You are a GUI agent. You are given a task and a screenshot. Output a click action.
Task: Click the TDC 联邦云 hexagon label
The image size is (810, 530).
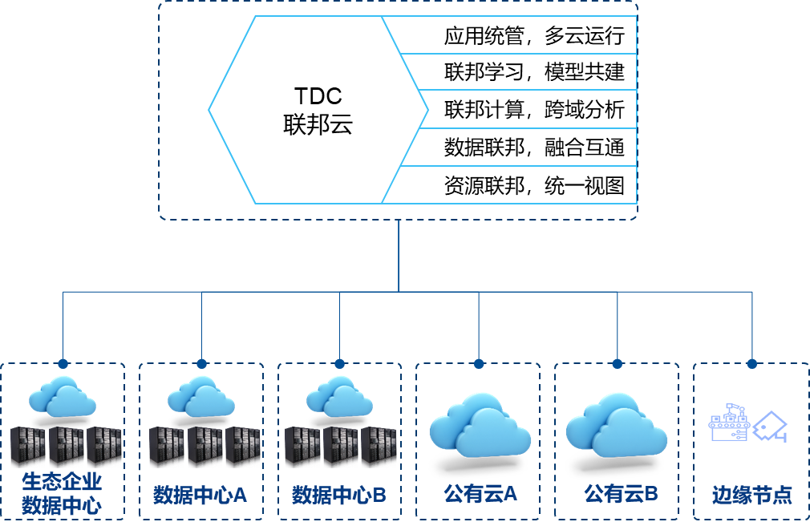[x=318, y=111]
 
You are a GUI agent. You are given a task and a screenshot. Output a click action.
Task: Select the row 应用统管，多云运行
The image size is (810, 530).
[x=533, y=36]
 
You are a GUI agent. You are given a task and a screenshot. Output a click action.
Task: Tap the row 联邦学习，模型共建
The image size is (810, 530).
[x=533, y=72]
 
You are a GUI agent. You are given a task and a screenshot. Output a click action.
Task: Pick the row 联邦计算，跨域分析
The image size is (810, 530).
[x=533, y=109]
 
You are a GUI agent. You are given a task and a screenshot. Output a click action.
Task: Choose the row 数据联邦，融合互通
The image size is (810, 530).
[x=533, y=147]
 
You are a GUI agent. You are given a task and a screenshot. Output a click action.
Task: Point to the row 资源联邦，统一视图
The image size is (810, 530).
[x=533, y=185]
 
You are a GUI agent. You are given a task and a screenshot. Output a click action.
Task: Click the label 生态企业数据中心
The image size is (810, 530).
[x=62, y=493]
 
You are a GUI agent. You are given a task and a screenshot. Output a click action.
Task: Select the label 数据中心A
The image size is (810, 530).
[x=200, y=495]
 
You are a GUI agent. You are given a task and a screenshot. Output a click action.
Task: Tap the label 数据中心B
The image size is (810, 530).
[x=338, y=495]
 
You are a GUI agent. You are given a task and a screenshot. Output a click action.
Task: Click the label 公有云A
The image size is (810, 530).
[x=480, y=493]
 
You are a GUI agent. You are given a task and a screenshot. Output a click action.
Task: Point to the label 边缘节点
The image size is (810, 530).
[x=751, y=495]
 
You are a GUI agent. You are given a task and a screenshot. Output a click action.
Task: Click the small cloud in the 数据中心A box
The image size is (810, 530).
[x=200, y=395]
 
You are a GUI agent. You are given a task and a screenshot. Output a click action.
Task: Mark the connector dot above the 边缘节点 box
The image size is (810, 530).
[x=752, y=363]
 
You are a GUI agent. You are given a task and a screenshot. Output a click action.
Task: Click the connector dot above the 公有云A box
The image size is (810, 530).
[x=479, y=363]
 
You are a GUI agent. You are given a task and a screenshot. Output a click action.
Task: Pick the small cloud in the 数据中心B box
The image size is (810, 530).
[x=339, y=395]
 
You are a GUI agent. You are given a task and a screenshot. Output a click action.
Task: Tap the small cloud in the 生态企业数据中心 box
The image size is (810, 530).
[x=62, y=395]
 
